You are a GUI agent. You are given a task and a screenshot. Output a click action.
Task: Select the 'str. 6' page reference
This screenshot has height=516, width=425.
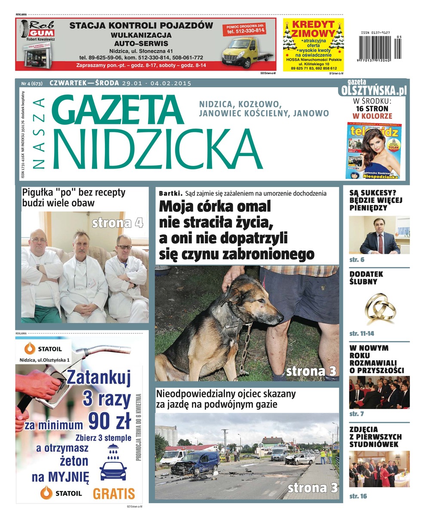pos(357,260)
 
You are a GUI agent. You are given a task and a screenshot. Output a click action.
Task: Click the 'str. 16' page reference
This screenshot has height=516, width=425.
pos(358,496)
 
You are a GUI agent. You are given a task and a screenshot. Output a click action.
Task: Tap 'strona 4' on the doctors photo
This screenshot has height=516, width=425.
pos(117,223)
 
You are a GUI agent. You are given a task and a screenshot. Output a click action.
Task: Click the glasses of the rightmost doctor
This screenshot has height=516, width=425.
pos(124,247)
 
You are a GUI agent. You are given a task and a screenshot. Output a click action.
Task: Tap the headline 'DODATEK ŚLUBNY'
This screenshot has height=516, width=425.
pos(366,278)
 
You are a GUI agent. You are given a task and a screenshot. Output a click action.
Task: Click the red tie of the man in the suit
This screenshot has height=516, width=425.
pos(380,244)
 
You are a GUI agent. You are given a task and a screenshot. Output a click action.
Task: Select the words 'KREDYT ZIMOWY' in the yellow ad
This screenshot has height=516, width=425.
pos(313,29)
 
